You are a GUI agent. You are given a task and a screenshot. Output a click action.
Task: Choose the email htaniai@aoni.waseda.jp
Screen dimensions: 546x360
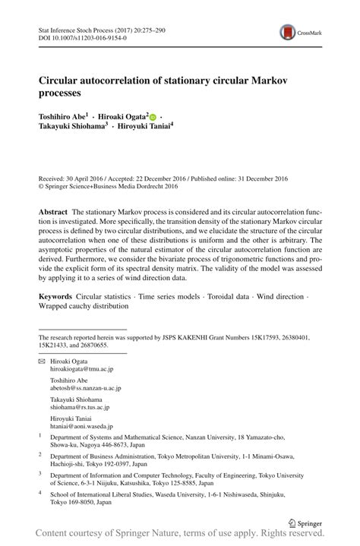point(81,427)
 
